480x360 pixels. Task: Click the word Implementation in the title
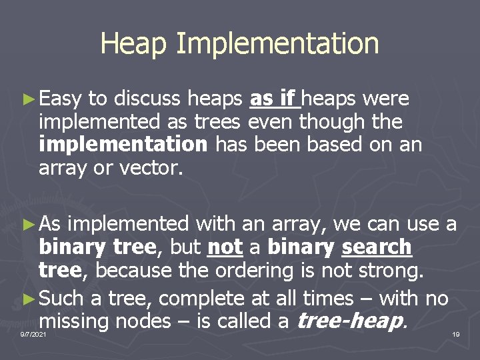278,44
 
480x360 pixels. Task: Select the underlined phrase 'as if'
273,99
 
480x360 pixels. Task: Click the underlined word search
376,247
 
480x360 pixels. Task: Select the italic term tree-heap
349,321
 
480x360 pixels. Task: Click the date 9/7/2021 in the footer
33,333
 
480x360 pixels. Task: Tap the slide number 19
455,333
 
